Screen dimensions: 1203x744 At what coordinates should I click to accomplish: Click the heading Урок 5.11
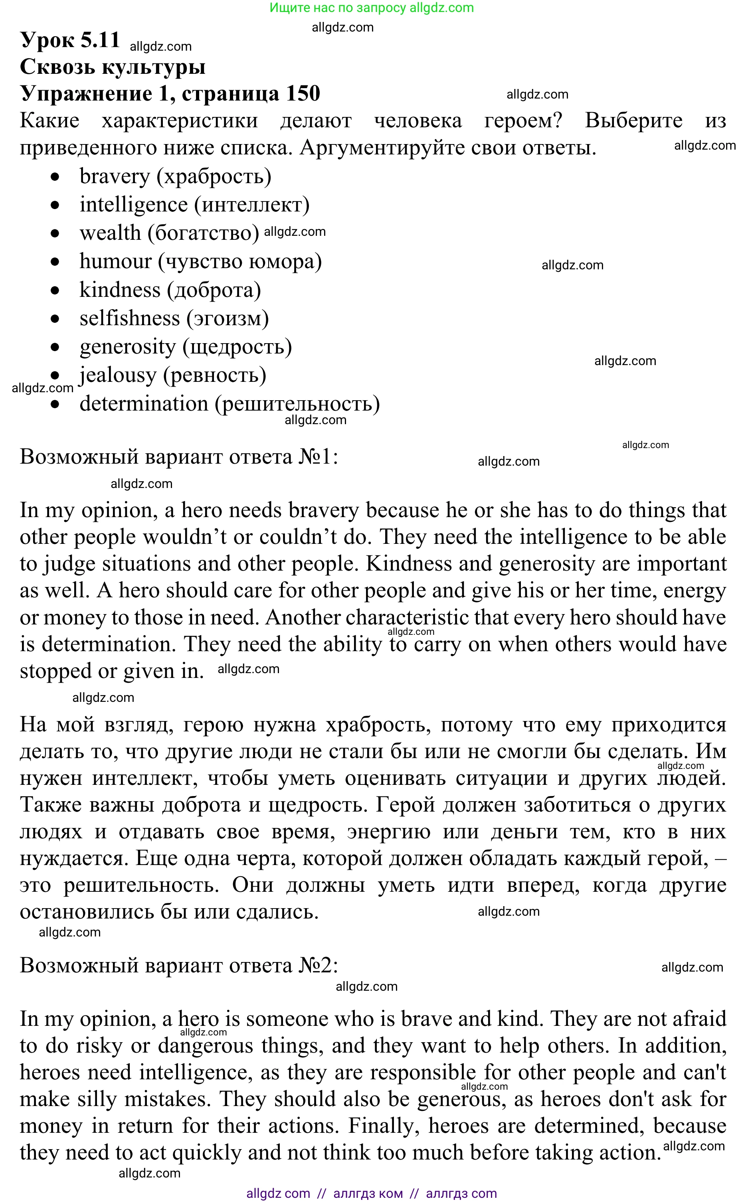pyautogui.click(x=70, y=40)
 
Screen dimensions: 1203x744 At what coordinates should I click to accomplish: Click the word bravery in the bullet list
pyautogui.click(x=115, y=176)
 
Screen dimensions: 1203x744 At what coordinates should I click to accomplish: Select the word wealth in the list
pyautogui.click(x=110, y=233)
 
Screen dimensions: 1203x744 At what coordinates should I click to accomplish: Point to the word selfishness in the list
pyautogui.click(x=129, y=318)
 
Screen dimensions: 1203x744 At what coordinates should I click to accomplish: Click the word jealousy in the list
pyautogui.click(x=118, y=375)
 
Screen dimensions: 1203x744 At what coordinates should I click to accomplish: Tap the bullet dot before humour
pyautogui.click(x=55, y=262)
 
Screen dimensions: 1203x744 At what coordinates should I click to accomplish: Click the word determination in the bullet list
pyautogui.click(x=144, y=404)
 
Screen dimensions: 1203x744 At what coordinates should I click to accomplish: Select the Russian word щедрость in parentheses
pyautogui.click(x=237, y=347)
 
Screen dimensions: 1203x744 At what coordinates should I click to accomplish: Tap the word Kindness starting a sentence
pyautogui.click(x=408, y=564)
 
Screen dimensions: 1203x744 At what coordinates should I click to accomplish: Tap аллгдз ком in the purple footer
pyautogui.click(x=368, y=1193)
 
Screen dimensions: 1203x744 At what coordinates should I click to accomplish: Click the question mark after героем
pyautogui.click(x=556, y=120)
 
